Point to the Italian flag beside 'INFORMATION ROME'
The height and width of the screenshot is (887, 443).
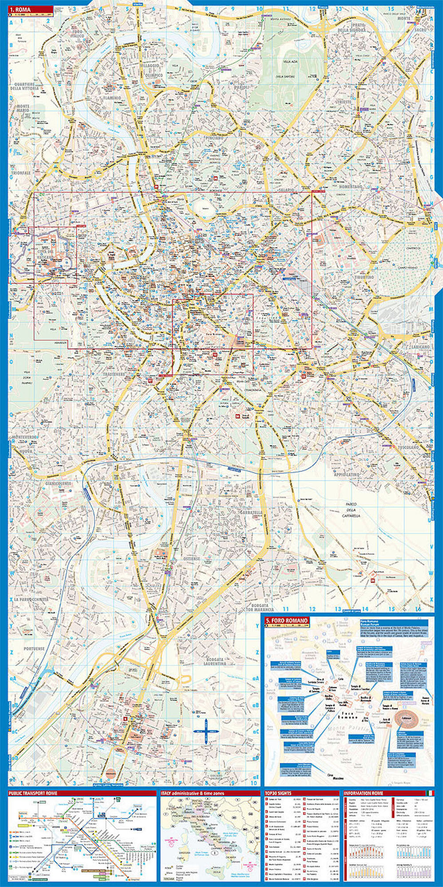[x=429, y=793]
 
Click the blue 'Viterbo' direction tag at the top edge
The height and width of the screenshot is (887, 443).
[x=139, y=4]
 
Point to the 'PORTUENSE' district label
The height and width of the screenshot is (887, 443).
[x=35, y=648]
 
